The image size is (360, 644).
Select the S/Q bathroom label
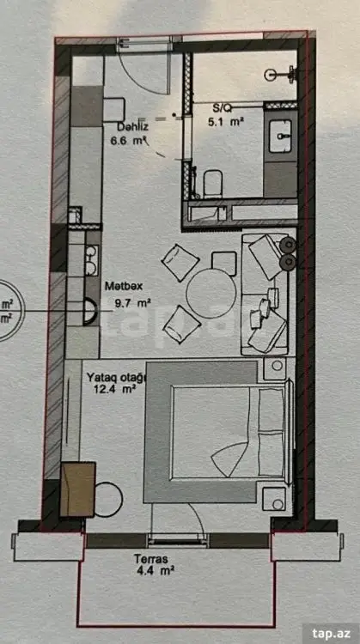tap(223, 108)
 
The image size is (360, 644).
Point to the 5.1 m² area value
tap(224, 122)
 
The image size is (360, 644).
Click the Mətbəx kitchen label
tap(124, 286)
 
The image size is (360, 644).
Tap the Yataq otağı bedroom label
tap(117, 378)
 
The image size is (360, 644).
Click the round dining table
tap(211, 294)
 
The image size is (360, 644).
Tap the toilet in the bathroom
tap(213, 184)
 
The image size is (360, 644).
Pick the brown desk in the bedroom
tap(78, 489)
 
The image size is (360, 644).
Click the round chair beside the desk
tap(108, 500)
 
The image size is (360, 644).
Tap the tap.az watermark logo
tap(331, 633)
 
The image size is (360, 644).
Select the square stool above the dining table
tap(224, 264)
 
